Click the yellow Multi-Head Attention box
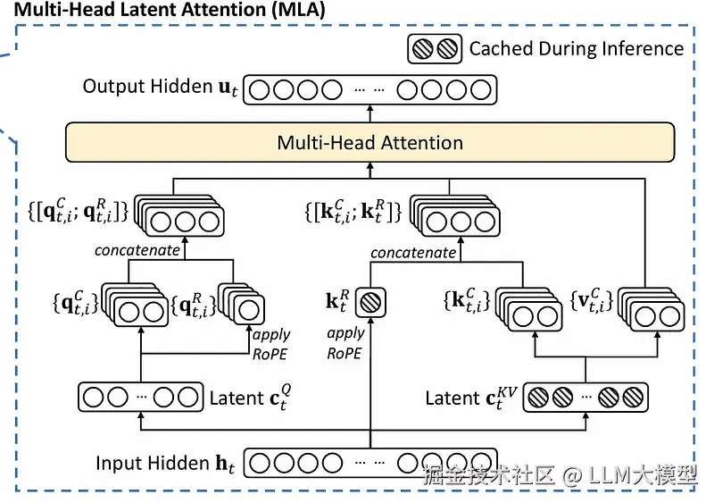coord(369,143)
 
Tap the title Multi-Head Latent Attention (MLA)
coord(169,11)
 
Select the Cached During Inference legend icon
coord(435,48)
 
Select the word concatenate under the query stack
coord(137,251)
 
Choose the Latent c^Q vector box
coord(140,397)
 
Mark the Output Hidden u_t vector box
coord(369,90)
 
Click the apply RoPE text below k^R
coord(345,342)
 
